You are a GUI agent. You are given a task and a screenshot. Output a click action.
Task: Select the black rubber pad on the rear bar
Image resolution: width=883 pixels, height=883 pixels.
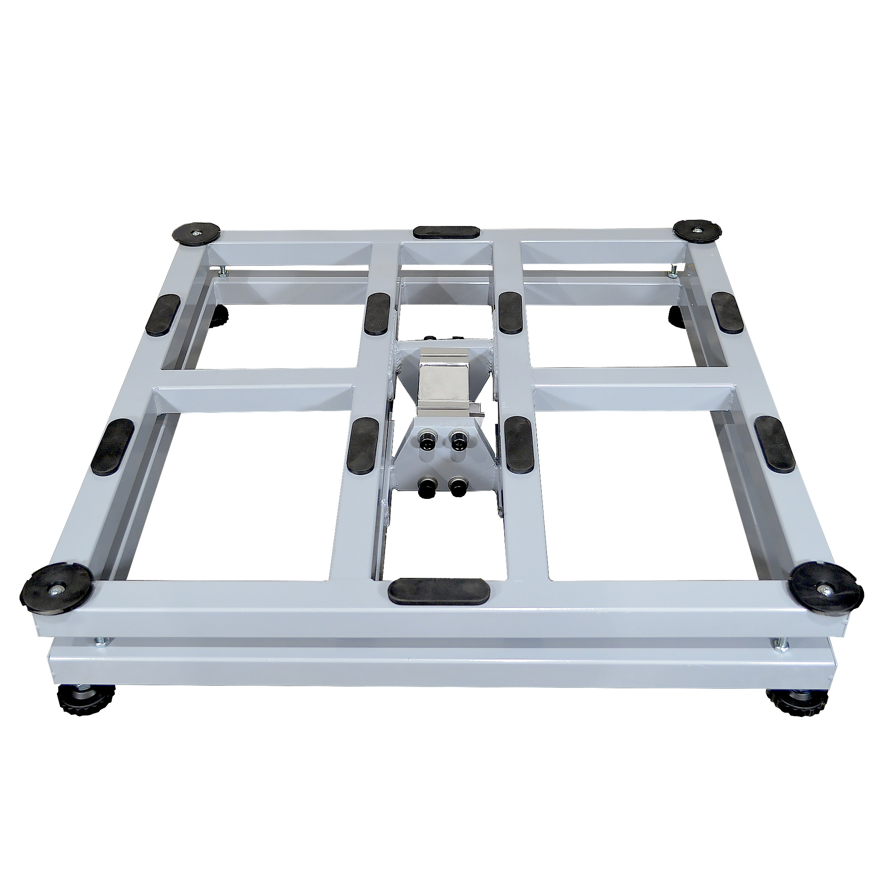pos(446,232)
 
